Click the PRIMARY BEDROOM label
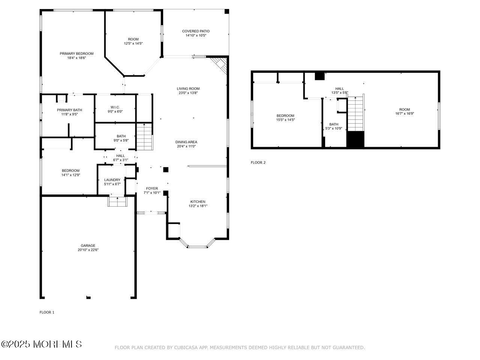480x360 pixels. click(x=76, y=54)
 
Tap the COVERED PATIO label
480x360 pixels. click(x=196, y=31)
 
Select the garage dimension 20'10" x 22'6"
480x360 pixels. click(x=88, y=250)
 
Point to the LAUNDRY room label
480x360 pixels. click(x=112, y=180)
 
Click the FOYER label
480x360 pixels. click(x=152, y=188)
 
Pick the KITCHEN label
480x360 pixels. click(x=197, y=202)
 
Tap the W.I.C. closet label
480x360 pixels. click(x=115, y=107)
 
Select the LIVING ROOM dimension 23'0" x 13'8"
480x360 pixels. click(x=188, y=93)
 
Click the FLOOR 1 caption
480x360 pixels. click(x=47, y=312)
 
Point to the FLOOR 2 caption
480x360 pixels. click(x=258, y=162)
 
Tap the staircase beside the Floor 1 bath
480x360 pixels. click(x=144, y=137)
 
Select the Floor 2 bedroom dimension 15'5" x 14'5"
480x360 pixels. click(x=285, y=120)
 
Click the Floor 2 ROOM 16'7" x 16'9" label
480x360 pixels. click(x=404, y=109)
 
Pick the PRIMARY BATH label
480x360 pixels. click(x=69, y=110)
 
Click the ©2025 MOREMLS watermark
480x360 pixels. click(x=41, y=344)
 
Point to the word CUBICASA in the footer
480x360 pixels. click(x=186, y=348)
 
